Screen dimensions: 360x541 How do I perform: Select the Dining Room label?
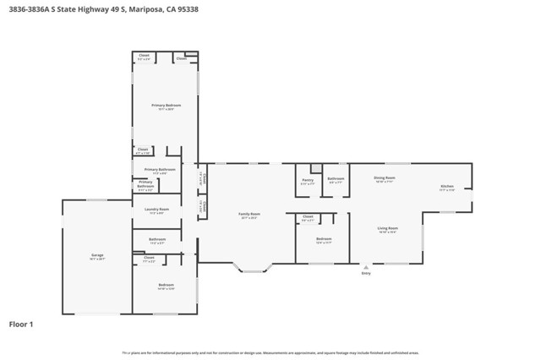[x=385, y=177]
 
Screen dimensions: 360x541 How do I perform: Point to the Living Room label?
[x=387, y=228]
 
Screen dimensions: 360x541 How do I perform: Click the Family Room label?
[x=249, y=214]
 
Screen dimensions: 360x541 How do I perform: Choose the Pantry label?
[x=308, y=179]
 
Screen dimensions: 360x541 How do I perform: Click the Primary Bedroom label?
[x=167, y=106]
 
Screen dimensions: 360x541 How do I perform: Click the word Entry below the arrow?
[x=366, y=273]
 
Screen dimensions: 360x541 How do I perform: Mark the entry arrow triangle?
[x=366, y=266]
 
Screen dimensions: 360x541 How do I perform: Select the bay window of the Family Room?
[x=253, y=269]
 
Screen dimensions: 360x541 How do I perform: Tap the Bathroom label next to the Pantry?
[x=336, y=178]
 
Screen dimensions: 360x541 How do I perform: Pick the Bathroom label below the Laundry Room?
[x=157, y=240]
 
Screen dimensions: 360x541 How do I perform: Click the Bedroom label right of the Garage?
[x=166, y=285]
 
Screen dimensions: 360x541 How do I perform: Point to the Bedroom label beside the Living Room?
[x=324, y=239]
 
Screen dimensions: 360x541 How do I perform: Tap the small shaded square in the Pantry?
[x=316, y=168]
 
